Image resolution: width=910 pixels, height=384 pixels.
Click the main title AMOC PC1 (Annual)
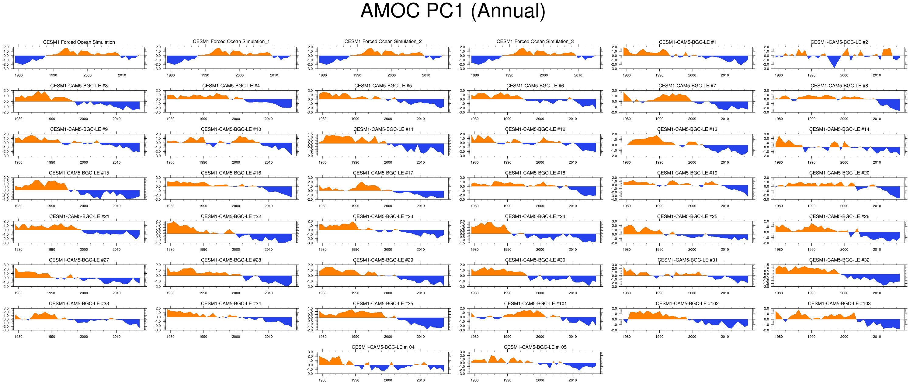point(453,11)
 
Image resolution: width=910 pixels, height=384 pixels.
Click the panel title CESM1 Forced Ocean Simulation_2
point(383,42)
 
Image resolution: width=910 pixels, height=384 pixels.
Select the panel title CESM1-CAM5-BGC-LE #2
point(839,42)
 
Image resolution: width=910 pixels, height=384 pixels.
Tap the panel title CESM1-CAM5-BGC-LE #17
point(383,173)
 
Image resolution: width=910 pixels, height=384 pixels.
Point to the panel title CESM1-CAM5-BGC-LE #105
point(535,347)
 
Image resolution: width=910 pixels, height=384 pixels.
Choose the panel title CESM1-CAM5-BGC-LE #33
point(79,303)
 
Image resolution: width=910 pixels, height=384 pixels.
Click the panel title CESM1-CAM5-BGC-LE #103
point(839,303)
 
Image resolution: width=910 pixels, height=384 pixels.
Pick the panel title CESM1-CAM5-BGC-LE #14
point(839,129)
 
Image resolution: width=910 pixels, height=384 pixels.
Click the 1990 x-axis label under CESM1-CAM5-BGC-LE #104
point(355,380)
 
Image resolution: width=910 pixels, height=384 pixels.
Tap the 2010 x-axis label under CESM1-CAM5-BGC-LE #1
point(724,75)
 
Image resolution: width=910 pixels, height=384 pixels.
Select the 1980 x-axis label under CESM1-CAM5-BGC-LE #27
point(18,293)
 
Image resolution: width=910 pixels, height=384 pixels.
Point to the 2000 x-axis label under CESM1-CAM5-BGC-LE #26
point(844,249)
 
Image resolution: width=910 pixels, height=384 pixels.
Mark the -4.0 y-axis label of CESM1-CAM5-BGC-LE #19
point(614,199)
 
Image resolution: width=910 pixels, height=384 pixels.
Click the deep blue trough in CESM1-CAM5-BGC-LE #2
point(834,66)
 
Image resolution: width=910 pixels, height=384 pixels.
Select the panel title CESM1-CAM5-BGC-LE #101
point(535,303)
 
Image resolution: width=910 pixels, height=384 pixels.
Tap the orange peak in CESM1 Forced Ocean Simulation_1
point(219,48)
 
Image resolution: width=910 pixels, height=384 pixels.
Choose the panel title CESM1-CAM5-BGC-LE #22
point(231,216)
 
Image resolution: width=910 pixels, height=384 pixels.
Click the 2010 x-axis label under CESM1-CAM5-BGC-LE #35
point(420,337)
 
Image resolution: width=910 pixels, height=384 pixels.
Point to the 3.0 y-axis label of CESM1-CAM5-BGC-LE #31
point(614,265)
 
